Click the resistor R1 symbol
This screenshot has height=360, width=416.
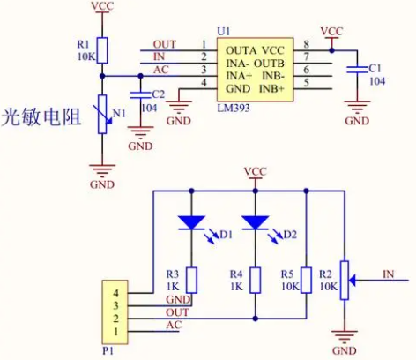pyautogui.click(x=102, y=50)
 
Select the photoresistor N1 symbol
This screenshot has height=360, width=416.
pyautogui.click(x=102, y=114)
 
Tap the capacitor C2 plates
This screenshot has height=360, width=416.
pyautogui.click(x=140, y=94)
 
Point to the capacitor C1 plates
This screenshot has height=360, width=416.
pyautogui.click(x=357, y=70)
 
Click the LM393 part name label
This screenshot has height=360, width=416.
pyautogui.click(x=234, y=108)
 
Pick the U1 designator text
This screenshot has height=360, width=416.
pyautogui.click(x=224, y=32)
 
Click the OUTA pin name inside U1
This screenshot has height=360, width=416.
pyautogui.click(x=241, y=50)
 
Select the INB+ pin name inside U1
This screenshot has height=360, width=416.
pyautogui.click(x=271, y=88)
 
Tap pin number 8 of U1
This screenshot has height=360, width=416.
pyautogui.click(x=307, y=44)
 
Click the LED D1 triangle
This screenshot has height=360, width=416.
pyautogui.click(x=192, y=222)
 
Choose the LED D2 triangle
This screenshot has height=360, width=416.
pyautogui.click(x=255, y=222)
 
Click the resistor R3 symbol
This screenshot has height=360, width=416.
pyautogui.click(x=192, y=281)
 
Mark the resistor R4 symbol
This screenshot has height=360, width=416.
pyautogui.click(x=256, y=281)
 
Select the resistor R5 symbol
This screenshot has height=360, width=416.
pyautogui.click(x=307, y=281)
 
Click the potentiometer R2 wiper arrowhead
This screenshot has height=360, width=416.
pyautogui.click(x=353, y=281)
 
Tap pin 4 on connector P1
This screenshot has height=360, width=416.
pyautogui.click(x=116, y=293)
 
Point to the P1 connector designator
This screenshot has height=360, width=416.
pyautogui.click(x=108, y=350)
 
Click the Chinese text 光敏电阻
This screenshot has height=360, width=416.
pyautogui.click(x=41, y=117)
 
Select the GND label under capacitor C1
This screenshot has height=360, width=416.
pyautogui.click(x=357, y=121)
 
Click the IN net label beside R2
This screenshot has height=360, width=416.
pyautogui.click(x=389, y=274)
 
